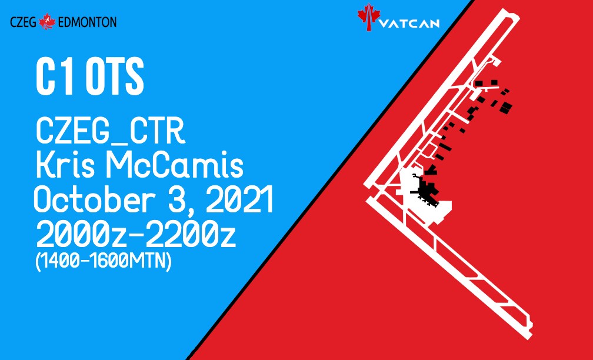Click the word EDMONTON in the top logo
click(x=88, y=22)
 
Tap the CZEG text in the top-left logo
click(x=23, y=22)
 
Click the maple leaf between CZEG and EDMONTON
click(x=47, y=22)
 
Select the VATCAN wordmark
click(x=409, y=24)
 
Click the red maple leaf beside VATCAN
click(x=368, y=16)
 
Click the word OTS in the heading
click(x=115, y=76)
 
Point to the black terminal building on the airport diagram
click(x=425, y=189)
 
